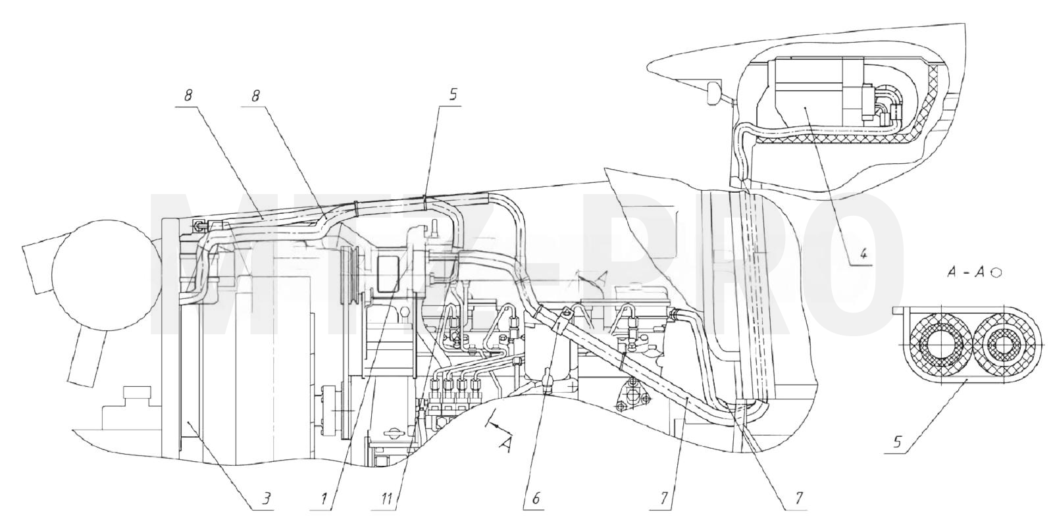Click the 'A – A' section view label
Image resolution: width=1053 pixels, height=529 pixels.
click(x=967, y=273)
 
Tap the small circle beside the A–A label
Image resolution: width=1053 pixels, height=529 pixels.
click(x=996, y=272)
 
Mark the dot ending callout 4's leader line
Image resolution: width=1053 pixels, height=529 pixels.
click(x=806, y=108)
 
